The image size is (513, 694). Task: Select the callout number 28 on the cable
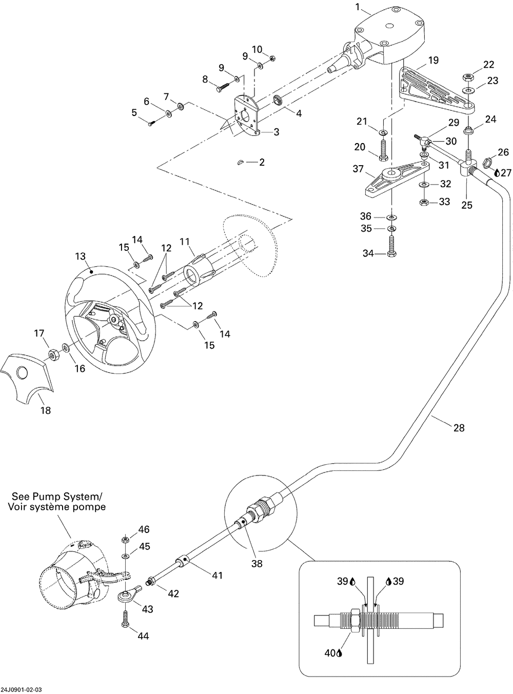[459, 427]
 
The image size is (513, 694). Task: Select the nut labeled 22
[467, 77]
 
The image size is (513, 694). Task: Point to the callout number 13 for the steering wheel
[81, 256]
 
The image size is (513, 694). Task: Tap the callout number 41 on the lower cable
[217, 576]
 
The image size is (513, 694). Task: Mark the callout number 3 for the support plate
[276, 132]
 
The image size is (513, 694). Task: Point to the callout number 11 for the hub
[184, 240]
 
